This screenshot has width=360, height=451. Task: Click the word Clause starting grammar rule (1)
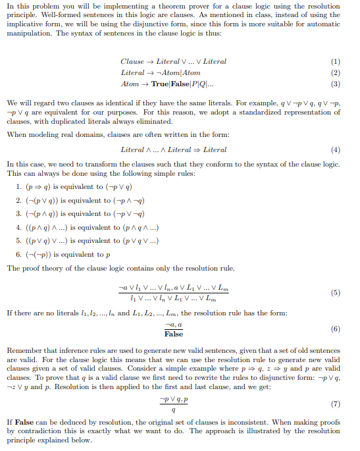[x=132, y=61]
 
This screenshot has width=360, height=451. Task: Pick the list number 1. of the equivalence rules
[x=18, y=187]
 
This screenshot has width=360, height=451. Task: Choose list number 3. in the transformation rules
[x=18, y=214]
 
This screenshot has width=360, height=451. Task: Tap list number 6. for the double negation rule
[x=18, y=254]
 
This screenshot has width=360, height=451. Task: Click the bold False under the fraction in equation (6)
[x=174, y=334]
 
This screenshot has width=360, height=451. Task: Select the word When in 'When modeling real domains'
[x=15, y=134]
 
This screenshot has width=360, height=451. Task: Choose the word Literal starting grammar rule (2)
[x=133, y=72]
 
